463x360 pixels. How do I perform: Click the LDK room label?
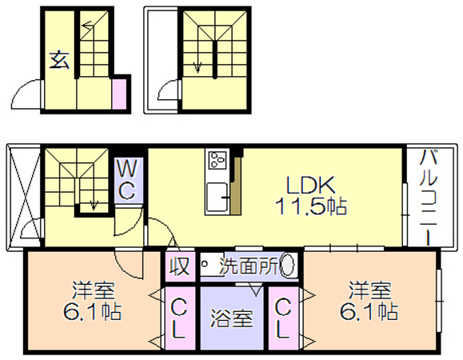click(310, 185)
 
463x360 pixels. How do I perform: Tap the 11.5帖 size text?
click(310, 206)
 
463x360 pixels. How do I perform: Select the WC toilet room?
click(129, 180)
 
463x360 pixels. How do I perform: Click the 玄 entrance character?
click(59, 61)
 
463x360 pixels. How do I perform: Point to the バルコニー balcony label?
click(429, 197)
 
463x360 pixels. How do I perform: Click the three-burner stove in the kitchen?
click(218, 160)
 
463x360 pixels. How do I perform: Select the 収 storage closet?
click(180, 266)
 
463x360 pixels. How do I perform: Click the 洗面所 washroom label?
click(249, 266)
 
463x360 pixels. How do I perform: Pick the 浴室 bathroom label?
click(232, 318)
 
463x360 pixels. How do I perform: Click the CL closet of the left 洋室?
click(180, 318)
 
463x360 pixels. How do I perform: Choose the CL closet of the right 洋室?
click(283, 318)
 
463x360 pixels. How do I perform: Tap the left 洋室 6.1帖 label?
click(93, 302)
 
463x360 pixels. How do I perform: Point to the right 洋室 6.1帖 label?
click(369, 302)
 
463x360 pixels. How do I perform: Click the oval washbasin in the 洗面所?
click(288, 264)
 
